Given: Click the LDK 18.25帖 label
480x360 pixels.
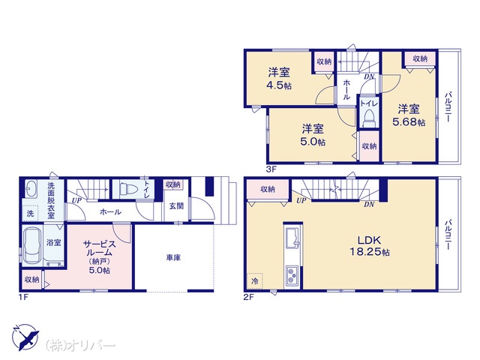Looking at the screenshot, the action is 370,246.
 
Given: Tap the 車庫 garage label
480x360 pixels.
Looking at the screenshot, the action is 173,258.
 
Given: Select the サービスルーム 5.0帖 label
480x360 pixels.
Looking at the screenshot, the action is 100,256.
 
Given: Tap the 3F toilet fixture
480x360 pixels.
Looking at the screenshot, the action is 369,119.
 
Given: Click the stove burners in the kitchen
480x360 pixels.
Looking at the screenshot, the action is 293,277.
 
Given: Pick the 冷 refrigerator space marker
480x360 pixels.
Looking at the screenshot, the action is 255,280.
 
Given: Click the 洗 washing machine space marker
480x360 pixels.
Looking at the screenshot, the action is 30,213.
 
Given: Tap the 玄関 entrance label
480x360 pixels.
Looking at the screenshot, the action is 177,206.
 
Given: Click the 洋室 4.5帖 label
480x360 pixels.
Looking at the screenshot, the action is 280,79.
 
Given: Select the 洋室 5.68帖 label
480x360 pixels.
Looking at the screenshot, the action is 409,115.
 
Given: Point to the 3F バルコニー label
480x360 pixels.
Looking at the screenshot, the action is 448,107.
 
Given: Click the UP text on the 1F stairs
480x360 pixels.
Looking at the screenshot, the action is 76,201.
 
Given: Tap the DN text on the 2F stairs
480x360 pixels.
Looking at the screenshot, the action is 369,204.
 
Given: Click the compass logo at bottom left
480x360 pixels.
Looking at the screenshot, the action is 25,337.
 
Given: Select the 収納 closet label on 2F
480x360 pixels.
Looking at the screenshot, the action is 268,189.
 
